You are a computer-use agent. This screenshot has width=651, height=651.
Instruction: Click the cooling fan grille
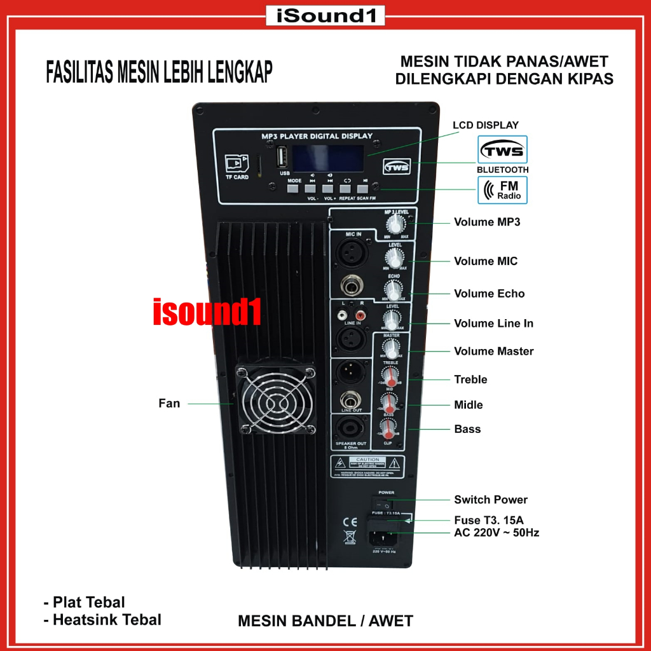[275, 400]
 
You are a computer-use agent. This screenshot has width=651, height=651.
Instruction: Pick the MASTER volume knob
[390, 348]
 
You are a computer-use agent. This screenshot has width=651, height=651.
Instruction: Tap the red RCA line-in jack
[362, 314]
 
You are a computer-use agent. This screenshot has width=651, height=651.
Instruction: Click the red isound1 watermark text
[207, 313]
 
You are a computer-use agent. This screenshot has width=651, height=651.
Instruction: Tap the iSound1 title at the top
[325, 15]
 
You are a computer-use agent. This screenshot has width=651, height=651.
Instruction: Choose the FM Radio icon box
[502, 190]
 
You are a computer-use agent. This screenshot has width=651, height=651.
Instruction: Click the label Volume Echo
[489, 294]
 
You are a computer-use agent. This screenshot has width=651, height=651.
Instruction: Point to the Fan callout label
[169, 403]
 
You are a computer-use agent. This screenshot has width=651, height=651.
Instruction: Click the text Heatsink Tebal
[107, 619]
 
